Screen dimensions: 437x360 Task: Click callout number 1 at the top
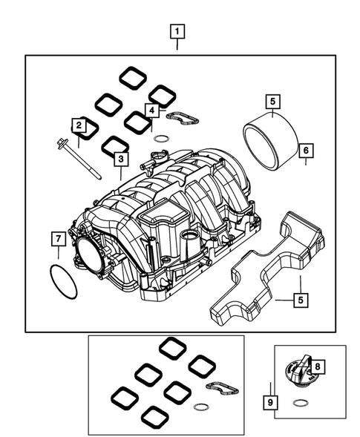[x=177, y=32]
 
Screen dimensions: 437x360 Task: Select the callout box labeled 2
[x=77, y=125]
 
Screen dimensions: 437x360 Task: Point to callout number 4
[x=151, y=111]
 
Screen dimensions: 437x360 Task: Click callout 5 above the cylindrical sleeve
[x=272, y=101]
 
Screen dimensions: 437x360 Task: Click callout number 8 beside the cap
[x=317, y=366]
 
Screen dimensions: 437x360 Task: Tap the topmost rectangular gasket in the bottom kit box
[x=171, y=347]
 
